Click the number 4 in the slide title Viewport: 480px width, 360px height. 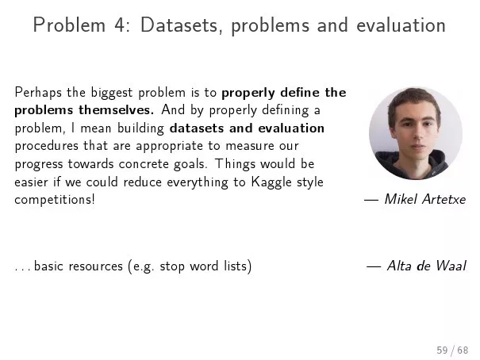(120, 25)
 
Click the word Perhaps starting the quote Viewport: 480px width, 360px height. (38, 93)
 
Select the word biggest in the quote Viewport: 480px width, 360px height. (112, 93)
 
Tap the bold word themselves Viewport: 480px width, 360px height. (117, 109)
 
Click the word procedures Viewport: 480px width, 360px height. (47, 146)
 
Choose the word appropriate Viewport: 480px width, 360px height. (169, 146)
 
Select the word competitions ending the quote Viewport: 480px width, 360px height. (55, 200)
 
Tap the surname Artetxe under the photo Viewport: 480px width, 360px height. (444, 199)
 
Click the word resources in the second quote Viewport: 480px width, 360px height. (95, 266)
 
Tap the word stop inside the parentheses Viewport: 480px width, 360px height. (171, 266)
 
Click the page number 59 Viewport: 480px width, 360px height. (442, 350)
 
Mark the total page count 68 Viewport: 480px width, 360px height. (463, 350)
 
